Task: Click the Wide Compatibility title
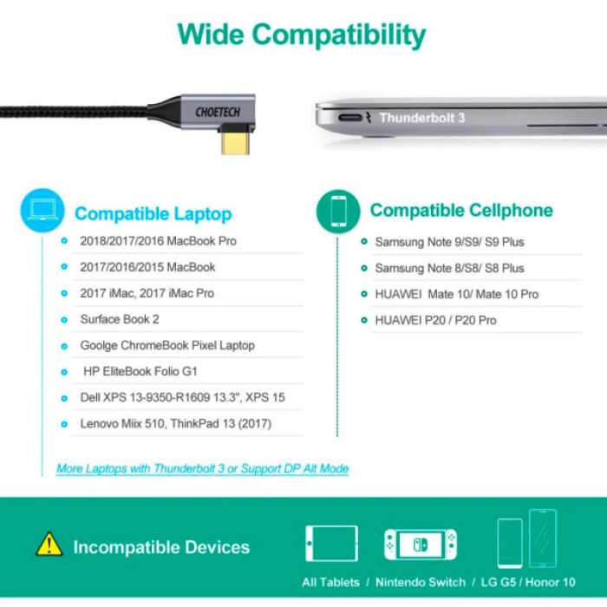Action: click(302, 35)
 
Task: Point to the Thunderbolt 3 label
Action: click(421, 118)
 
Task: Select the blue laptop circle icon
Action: click(42, 211)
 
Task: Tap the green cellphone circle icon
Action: click(337, 211)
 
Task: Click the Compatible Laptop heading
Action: click(153, 213)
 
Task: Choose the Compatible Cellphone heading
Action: click(460, 211)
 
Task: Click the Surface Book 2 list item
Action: click(120, 319)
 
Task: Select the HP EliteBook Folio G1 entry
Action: click(140, 371)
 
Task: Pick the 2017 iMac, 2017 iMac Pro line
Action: click(147, 293)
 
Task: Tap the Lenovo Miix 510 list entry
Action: click(175, 423)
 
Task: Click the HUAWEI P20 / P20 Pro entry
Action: click(435, 320)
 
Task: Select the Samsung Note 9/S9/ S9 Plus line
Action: click(449, 242)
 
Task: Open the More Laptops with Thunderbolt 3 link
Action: click(202, 468)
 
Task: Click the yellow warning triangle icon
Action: click(49, 545)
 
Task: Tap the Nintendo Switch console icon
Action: click(421, 544)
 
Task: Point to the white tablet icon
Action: click(331, 544)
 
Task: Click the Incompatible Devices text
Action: click(161, 547)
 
